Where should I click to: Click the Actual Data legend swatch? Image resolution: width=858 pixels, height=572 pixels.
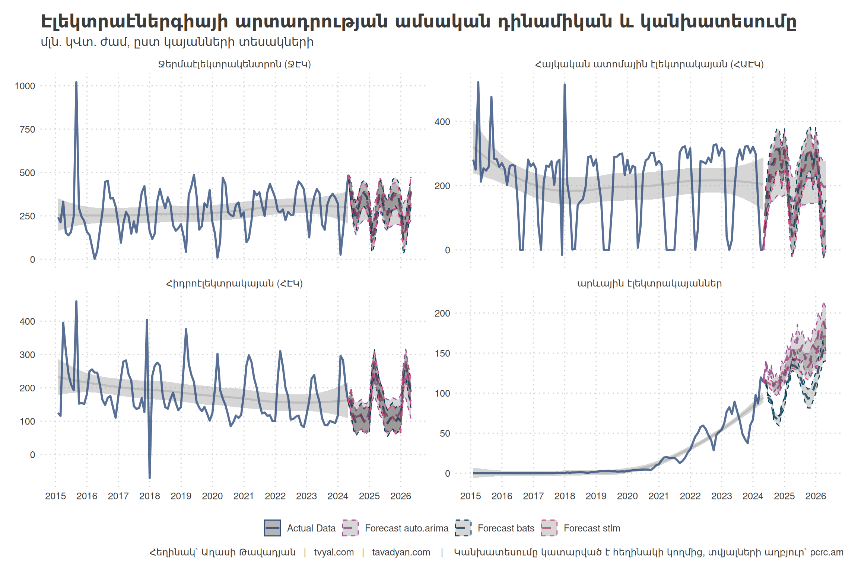point(272,528)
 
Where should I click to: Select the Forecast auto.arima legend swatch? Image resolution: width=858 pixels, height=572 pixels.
point(350,528)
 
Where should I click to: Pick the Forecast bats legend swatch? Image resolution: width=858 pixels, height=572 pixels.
point(463,528)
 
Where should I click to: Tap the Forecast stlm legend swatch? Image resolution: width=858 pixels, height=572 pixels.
point(549,528)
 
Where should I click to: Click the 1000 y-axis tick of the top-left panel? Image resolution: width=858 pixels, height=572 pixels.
point(25,86)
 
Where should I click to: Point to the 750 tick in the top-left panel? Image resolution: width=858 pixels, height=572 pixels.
point(27,130)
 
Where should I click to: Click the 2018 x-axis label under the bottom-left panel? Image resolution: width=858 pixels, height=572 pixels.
point(149,496)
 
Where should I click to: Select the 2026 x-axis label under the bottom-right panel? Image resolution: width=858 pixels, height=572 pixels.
point(816,496)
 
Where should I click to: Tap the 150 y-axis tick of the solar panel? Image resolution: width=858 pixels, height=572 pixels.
point(442,353)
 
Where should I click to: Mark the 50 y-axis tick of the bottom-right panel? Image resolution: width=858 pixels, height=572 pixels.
point(445,433)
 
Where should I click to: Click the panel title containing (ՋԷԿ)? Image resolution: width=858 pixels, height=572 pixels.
point(235,64)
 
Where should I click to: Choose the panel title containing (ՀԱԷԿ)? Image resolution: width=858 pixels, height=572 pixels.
point(649,64)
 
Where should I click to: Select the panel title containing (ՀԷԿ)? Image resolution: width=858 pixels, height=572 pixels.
point(235,284)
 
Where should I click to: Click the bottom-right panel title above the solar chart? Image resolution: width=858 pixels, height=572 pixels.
point(649,284)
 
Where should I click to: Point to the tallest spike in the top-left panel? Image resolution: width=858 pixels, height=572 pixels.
point(76,83)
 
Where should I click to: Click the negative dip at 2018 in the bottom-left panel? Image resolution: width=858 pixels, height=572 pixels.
point(150,477)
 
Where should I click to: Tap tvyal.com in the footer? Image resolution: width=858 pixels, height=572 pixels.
point(334,552)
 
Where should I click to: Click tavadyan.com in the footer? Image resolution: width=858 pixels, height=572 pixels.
point(401,552)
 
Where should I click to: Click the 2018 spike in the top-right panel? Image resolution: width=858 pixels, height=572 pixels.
point(565,85)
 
